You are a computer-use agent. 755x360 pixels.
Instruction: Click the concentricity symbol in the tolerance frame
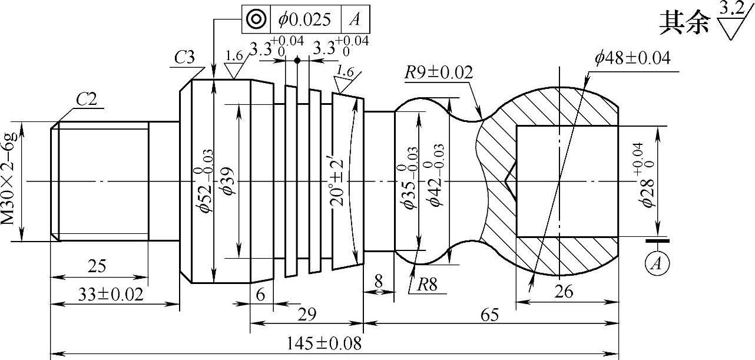tap(256, 19)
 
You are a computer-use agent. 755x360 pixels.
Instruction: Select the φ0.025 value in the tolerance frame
tap(304, 19)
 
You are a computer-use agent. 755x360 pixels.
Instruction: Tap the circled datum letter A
tap(657, 263)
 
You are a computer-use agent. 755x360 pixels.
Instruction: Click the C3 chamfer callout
tap(185, 57)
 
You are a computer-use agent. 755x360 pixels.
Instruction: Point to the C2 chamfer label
tap(87, 100)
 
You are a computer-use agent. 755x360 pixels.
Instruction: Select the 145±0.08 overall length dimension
tap(323, 344)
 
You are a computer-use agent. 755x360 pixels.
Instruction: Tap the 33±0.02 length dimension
tap(111, 294)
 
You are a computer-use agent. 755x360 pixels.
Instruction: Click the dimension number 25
tap(97, 266)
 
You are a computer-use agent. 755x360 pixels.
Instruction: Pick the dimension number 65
tap(489, 315)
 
